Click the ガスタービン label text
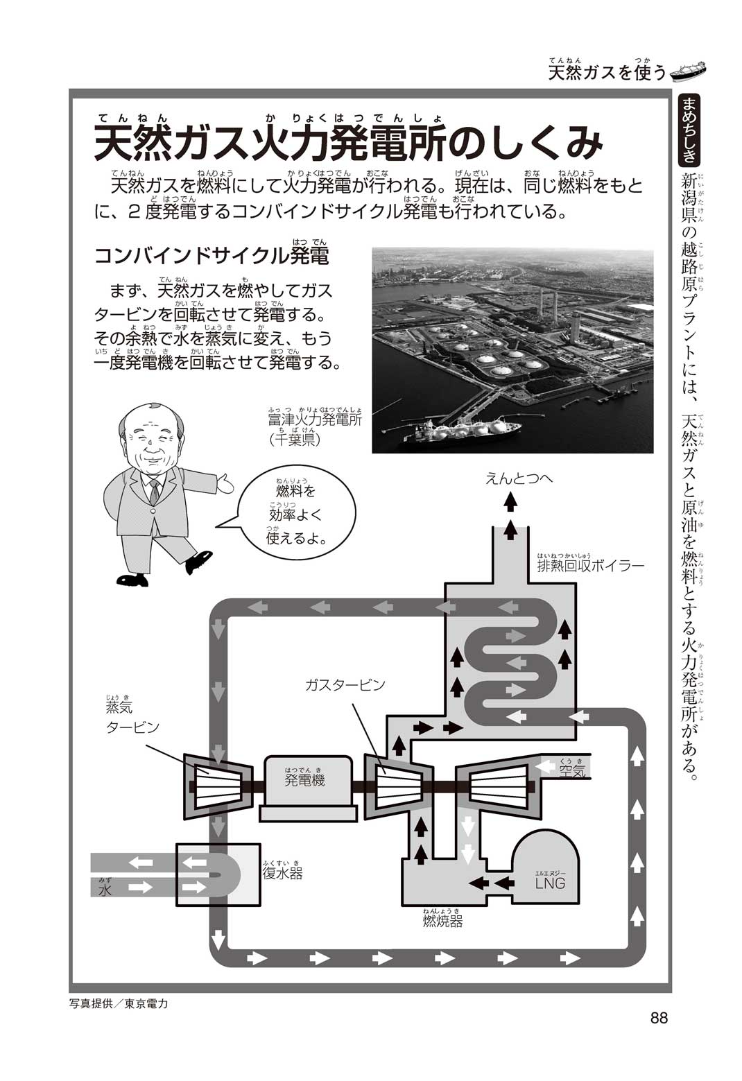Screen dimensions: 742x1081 (345, 684)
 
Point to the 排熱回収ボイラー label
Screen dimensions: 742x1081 (591, 565)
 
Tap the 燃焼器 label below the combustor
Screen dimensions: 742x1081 (442, 921)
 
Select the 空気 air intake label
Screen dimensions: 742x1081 (572, 770)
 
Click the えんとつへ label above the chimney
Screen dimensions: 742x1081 (519, 478)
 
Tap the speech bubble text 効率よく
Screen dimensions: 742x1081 (295, 515)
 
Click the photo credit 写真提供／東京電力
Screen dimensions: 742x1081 (119, 1003)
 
